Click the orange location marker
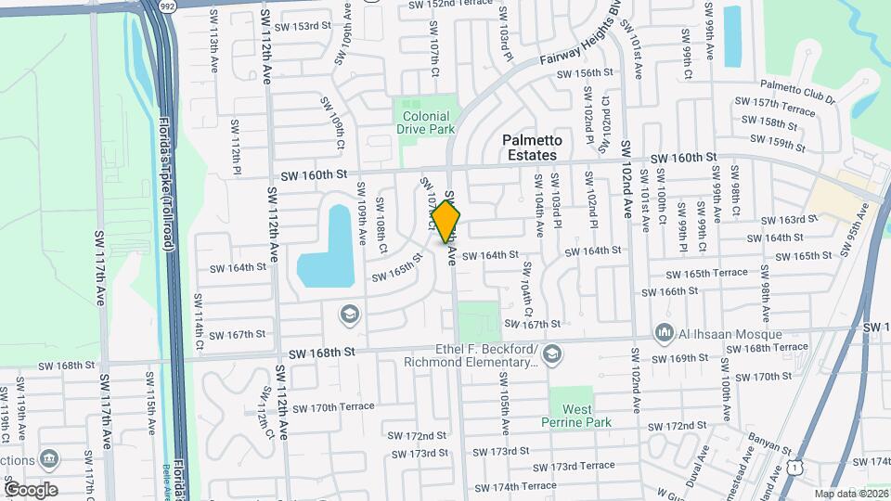(446, 222)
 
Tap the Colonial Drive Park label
(426, 122)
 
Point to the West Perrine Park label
(576, 415)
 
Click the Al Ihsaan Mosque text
(730, 334)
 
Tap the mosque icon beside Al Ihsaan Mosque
(664, 332)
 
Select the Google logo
(30, 489)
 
